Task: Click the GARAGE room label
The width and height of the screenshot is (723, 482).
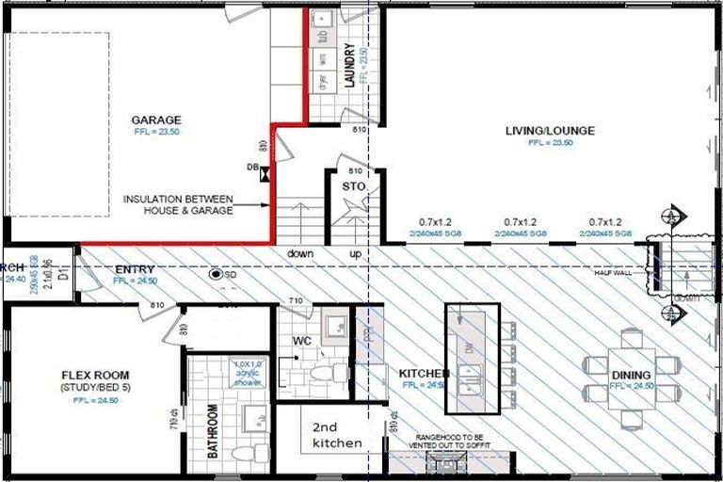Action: (156, 120)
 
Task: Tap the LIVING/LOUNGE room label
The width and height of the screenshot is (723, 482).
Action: (550, 131)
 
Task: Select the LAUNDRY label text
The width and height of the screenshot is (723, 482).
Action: (349, 67)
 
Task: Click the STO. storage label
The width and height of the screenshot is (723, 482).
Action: (353, 188)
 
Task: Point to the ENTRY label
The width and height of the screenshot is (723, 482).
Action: (134, 268)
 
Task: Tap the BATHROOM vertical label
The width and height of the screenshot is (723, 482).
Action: (213, 431)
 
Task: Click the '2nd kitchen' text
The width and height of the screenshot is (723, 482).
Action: (331, 434)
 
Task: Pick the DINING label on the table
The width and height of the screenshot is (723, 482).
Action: (631, 375)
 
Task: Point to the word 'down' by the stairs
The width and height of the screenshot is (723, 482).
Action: (301, 254)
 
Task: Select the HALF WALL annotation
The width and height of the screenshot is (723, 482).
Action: (611, 273)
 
